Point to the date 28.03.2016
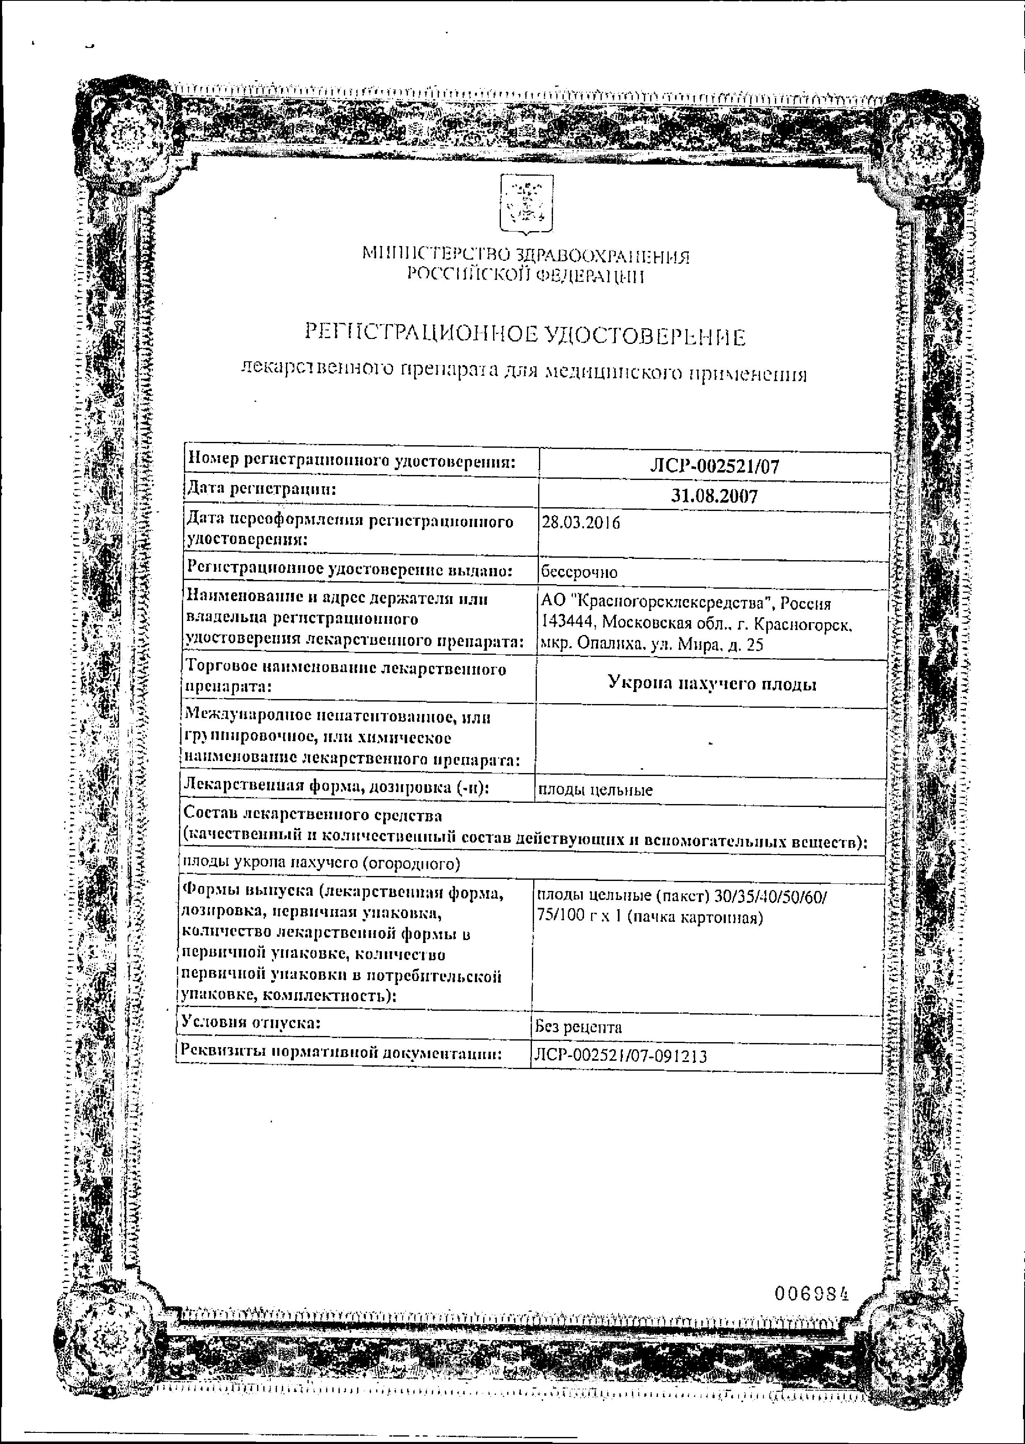click(x=581, y=523)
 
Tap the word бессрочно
click(x=579, y=573)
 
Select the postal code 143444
click(x=569, y=623)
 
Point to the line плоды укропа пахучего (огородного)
click(x=321, y=863)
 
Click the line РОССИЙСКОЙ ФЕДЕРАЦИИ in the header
click(x=525, y=276)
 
